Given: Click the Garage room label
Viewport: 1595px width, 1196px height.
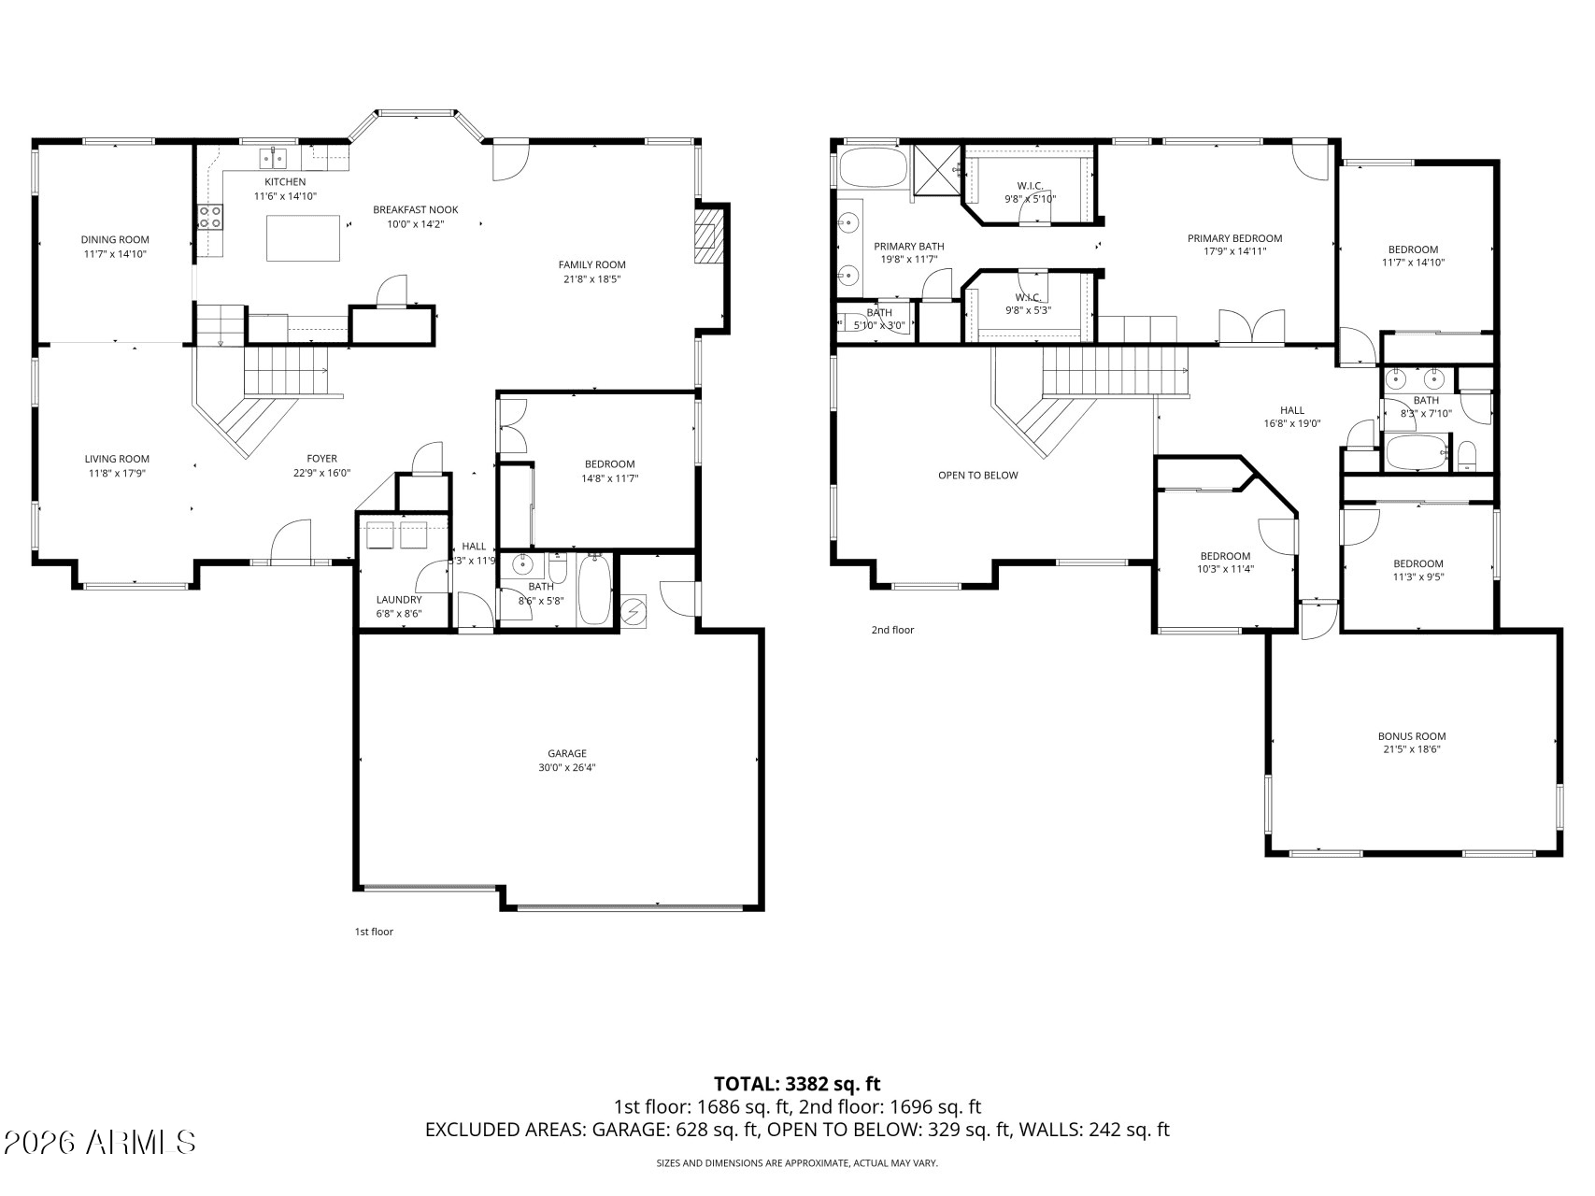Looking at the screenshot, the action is [x=567, y=753].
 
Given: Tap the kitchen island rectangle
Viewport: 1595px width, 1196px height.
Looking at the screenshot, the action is [x=304, y=238].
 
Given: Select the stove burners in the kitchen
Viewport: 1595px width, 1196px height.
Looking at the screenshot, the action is [x=210, y=218].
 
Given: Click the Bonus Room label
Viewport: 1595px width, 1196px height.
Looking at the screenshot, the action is [x=1412, y=736].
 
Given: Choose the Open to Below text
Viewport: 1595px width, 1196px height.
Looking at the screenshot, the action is [x=978, y=476].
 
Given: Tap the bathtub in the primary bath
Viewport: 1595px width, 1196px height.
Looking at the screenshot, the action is [x=874, y=168].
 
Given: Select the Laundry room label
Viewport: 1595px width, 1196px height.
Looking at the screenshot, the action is [x=399, y=600].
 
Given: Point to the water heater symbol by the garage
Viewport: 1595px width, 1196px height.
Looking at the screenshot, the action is [x=634, y=612].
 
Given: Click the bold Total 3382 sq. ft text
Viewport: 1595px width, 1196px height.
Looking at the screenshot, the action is [x=797, y=1084].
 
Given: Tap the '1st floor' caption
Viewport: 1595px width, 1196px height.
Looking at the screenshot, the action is [x=374, y=932].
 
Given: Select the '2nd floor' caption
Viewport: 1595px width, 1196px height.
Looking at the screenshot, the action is [x=892, y=630].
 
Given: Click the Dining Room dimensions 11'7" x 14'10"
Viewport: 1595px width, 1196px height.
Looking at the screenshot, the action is [x=115, y=253].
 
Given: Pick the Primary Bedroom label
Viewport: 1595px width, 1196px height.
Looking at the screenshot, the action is [x=1234, y=238].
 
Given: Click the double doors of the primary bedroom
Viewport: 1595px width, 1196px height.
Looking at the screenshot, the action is [x=1252, y=328].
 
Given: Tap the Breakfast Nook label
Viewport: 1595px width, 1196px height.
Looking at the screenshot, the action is [x=416, y=209].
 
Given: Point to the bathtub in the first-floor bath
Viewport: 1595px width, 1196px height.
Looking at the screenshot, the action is [x=595, y=590].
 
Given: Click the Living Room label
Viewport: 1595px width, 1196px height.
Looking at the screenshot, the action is [x=117, y=459].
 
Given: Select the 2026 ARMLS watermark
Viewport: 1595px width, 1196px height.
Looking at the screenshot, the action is [x=100, y=1142].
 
